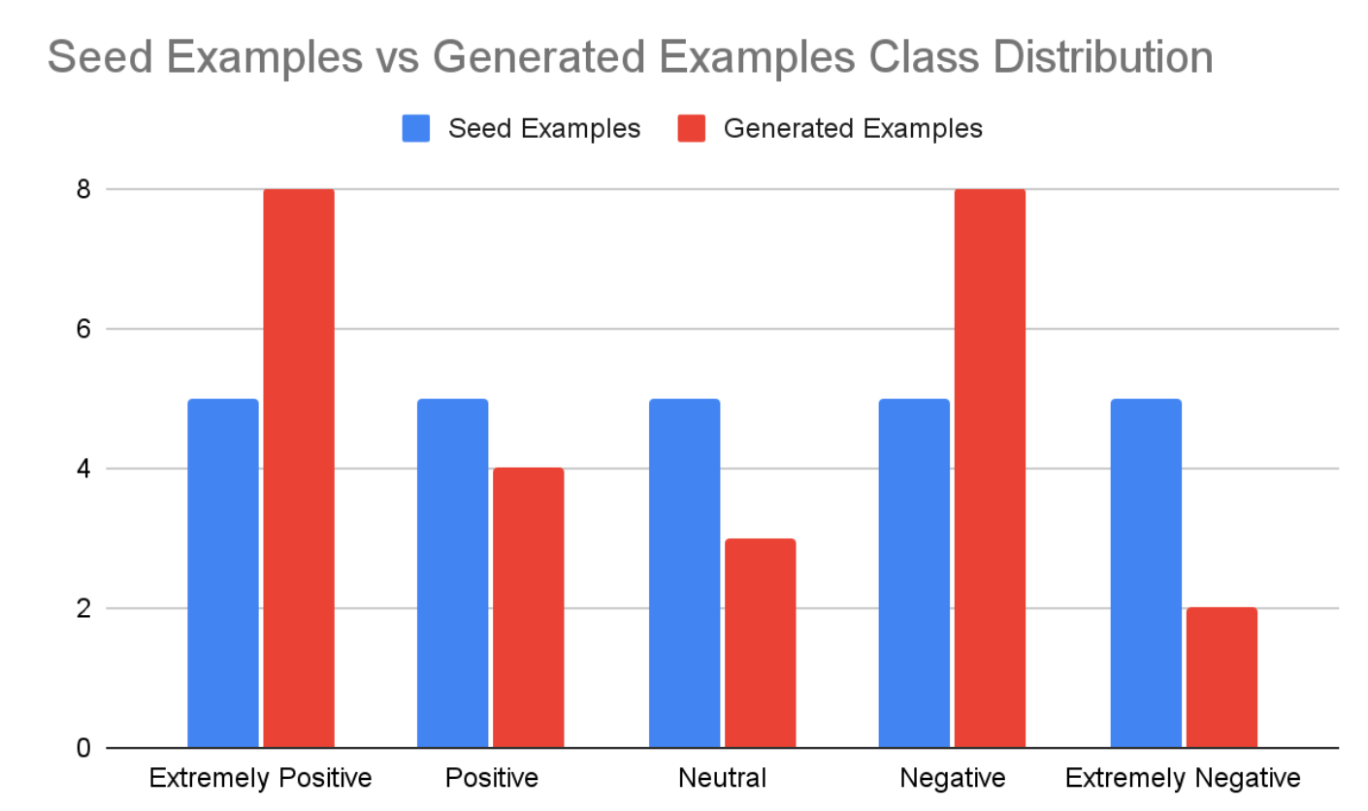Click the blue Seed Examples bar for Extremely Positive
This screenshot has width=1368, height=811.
point(223,573)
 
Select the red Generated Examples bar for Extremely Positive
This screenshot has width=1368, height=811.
point(299,469)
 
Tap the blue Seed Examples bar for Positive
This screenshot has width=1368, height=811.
point(452,573)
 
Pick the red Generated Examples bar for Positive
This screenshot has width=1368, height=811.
point(528,608)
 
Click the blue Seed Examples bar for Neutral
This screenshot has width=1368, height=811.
point(684,573)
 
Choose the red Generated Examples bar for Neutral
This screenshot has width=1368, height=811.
point(760,643)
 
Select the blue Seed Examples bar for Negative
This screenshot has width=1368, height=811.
point(914,573)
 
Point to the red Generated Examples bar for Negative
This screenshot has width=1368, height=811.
point(990,469)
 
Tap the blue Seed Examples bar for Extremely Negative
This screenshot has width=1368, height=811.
point(1146,573)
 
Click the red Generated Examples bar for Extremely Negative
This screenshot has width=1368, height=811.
point(1221,678)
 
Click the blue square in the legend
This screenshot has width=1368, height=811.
point(416,129)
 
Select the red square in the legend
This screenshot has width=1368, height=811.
point(691,129)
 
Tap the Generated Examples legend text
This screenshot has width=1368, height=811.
point(853,129)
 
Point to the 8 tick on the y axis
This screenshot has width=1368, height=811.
point(83,189)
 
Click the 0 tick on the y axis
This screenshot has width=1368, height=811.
point(83,748)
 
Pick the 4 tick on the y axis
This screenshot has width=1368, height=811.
point(83,469)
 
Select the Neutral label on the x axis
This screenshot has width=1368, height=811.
point(722,778)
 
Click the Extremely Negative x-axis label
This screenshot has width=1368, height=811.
point(1183,778)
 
